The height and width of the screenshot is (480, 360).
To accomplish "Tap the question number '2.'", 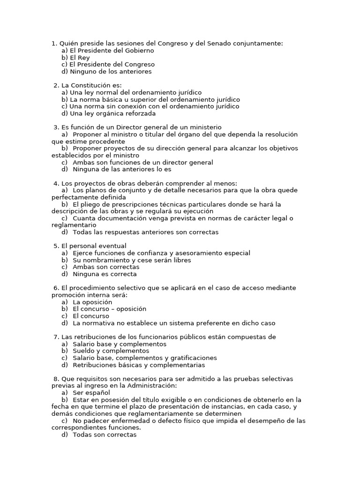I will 57,85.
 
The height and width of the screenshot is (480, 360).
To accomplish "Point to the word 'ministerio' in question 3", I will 205,127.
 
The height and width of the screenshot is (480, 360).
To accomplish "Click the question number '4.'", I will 57,183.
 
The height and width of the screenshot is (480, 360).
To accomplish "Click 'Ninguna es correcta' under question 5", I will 105,274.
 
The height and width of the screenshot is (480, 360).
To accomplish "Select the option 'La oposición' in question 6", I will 92,302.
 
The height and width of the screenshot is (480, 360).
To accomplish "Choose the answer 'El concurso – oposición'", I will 109,309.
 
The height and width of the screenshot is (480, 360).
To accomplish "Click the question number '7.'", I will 57,337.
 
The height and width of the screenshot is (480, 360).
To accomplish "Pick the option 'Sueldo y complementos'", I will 111,351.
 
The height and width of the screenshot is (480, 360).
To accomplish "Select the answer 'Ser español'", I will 91,393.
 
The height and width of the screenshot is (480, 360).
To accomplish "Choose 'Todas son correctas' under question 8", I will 104,435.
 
